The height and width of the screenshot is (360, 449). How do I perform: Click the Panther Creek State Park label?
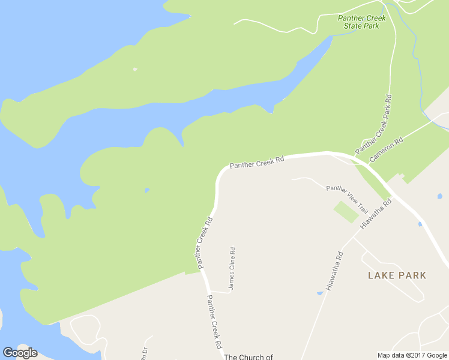[361, 22]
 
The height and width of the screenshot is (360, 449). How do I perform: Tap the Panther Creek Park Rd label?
[374, 123]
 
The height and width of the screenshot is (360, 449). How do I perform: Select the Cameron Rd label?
[386, 149]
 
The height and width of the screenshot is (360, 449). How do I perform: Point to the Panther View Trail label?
[347, 199]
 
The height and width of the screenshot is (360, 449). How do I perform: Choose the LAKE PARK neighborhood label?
[397, 275]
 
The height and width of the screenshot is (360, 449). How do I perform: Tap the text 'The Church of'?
[249, 357]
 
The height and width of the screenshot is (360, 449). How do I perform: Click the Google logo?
[20, 353]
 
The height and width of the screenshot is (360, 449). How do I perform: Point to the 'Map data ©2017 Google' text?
[412, 355]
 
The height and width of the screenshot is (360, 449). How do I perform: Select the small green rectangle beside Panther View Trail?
[346, 212]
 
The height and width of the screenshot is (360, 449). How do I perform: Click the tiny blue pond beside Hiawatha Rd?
[320, 293]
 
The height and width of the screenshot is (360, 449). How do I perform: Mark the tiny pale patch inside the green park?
[135, 69]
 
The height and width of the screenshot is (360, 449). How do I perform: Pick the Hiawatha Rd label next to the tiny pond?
[334, 271]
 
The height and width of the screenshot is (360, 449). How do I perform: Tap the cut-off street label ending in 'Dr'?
[145, 354]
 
